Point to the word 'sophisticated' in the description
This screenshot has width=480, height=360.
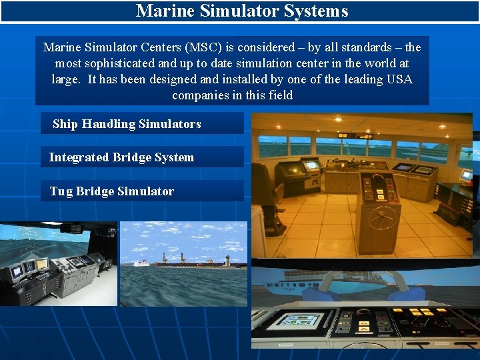click(x=121, y=63)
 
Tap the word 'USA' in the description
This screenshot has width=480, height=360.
click(x=399, y=79)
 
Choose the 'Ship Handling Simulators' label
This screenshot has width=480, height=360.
click(x=127, y=124)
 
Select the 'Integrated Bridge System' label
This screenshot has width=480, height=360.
click(x=121, y=157)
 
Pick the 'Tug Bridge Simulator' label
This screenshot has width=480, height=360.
click(x=111, y=191)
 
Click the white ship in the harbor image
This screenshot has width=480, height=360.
click(x=142, y=263)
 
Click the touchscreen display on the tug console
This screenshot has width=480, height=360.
click(x=299, y=320)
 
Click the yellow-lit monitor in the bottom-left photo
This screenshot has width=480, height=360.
click(x=41, y=265)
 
